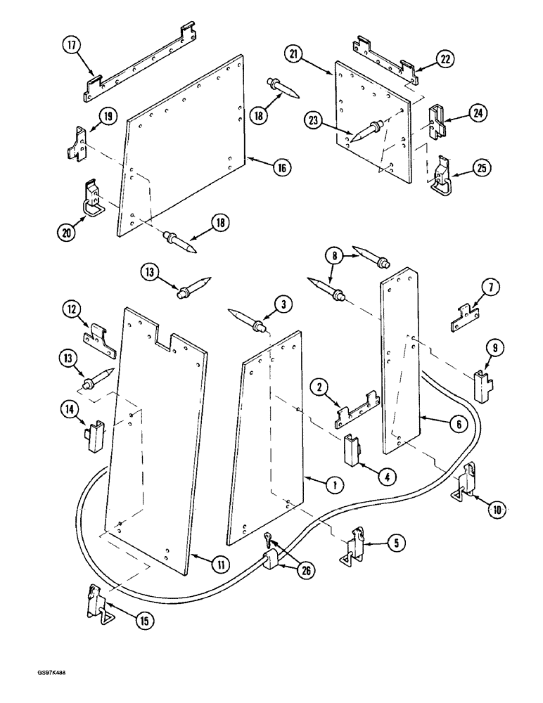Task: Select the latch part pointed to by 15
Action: [x=97, y=604]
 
